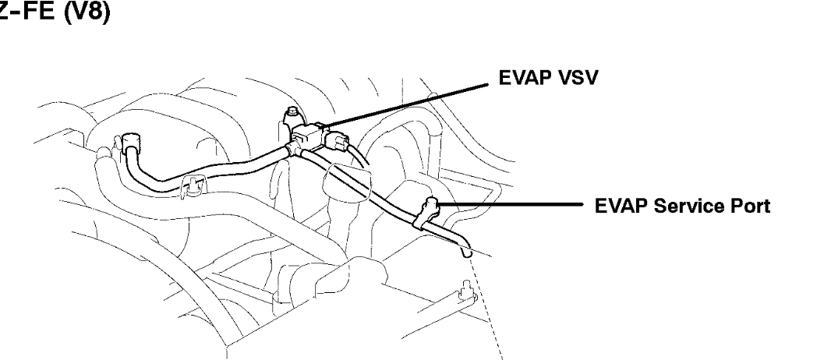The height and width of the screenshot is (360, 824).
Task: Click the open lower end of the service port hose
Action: click(467, 252)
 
